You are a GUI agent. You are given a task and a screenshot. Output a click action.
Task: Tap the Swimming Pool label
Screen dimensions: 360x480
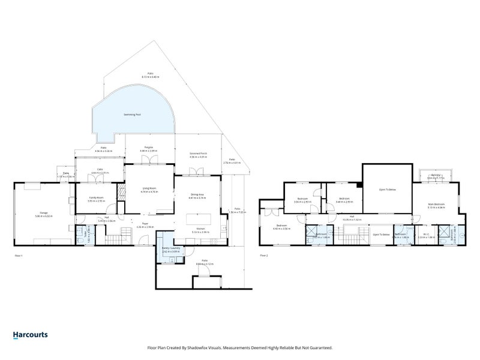[x=133, y=114]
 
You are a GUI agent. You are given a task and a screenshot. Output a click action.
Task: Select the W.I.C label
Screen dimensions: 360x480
[x=427, y=234]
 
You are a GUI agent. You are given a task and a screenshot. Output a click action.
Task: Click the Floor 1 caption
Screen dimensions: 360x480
[x=19, y=256]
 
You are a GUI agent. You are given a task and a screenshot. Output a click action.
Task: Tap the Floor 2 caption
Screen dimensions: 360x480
[x=263, y=256]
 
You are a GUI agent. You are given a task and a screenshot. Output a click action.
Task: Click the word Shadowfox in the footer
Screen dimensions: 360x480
[x=231, y=347]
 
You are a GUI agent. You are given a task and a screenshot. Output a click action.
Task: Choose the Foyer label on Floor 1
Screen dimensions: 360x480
[x=145, y=224]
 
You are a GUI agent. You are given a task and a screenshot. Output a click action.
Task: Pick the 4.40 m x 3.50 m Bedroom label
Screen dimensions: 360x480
[x=281, y=226]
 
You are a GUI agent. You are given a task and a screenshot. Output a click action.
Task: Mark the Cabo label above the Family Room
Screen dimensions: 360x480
[x=100, y=170]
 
